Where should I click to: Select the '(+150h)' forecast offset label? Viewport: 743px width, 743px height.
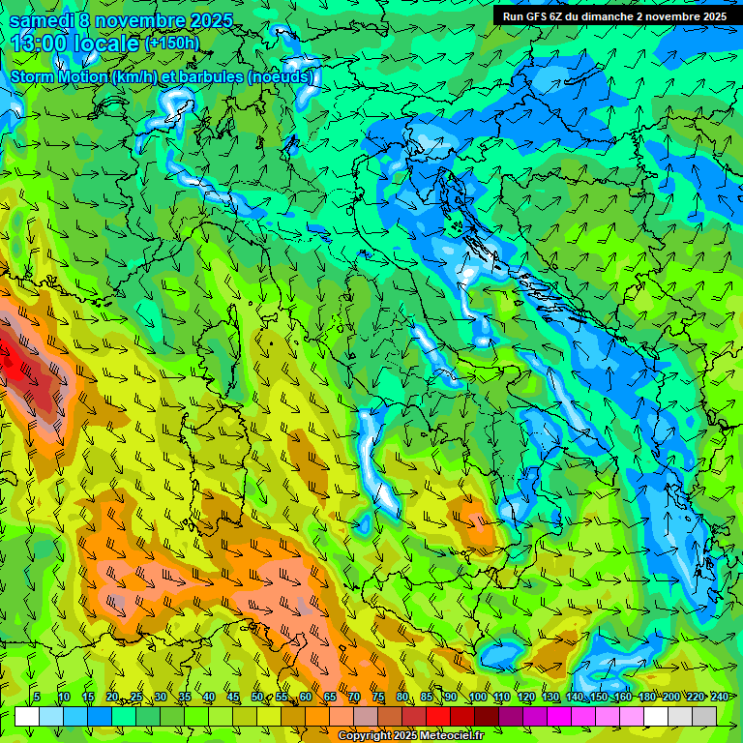171,44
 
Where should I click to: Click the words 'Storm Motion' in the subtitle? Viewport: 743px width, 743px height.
58,76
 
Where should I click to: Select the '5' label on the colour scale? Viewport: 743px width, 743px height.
37,698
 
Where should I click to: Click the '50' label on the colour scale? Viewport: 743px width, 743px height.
257,698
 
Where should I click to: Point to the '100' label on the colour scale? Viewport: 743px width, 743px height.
477,698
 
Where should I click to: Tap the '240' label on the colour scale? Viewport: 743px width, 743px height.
719,698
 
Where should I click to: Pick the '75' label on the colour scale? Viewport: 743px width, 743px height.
378,698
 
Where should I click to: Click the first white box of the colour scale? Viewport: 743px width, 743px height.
27,716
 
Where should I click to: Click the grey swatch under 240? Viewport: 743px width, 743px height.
704,716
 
